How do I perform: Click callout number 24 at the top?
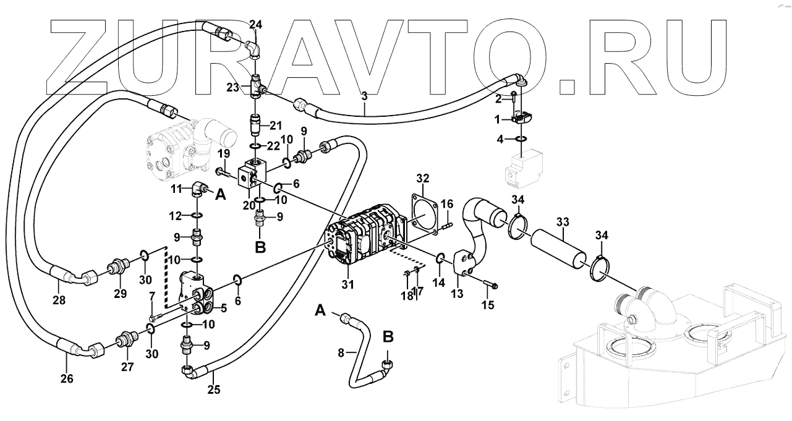coord(256,25)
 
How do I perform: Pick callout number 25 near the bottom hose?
coord(213,390)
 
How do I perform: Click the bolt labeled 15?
coord(492,285)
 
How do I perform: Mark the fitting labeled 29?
coord(116,269)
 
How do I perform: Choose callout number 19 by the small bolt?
coord(224,153)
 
